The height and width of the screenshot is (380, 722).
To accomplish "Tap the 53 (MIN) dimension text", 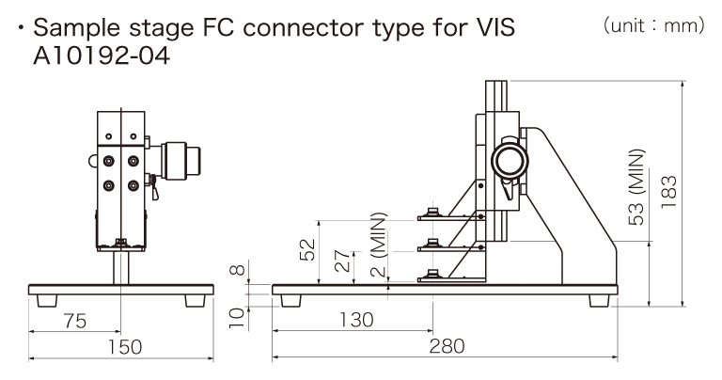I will [637, 187].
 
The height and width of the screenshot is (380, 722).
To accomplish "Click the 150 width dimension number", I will [123, 347].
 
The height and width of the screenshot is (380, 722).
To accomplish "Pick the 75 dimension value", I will [75, 320].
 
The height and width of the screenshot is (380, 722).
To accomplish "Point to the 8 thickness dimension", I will [238, 272].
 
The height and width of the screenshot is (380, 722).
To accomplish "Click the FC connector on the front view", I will [180, 161].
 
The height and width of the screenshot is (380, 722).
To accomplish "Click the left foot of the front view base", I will [45, 299].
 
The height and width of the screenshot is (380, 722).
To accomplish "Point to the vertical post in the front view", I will [118, 268].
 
